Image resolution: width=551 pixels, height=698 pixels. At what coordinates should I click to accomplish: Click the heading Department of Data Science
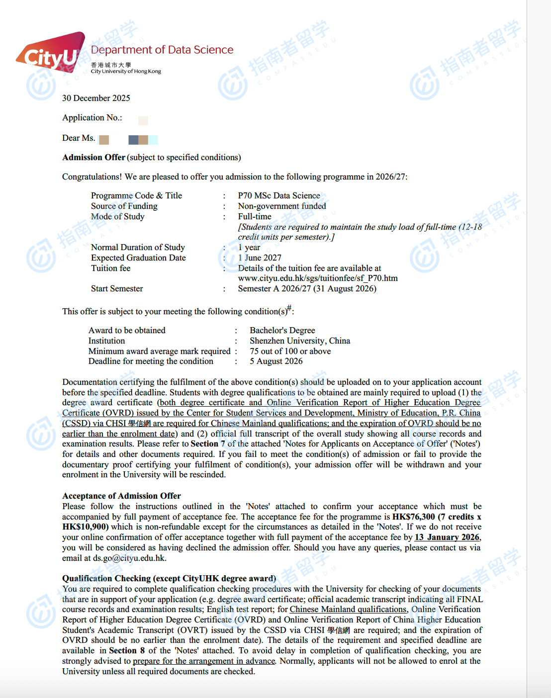pyautogui.click(x=162, y=50)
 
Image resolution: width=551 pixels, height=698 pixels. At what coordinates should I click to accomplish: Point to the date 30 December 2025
pyautogui.click(x=96, y=98)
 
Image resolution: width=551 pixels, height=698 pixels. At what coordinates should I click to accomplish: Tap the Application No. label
pyautogui.click(x=92, y=118)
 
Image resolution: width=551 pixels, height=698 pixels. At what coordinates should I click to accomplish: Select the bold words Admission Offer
pyautogui.click(x=93, y=158)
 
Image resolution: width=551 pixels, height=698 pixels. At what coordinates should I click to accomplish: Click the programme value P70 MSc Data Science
pyautogui.click(x=278, y=196)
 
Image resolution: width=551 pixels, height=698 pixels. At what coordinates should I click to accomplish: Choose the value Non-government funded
pyautogui.click(x=281, y=206)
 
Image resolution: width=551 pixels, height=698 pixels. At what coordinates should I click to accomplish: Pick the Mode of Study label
pyautogui.click(x=117, y=216)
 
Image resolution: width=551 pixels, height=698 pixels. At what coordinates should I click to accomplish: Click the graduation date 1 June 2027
pyautogui.click(x=259, y=258)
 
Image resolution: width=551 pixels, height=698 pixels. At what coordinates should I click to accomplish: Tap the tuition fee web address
pyautogui.click(x=317, y=278)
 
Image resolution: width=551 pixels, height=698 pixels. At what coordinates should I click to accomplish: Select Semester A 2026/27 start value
pyautogui.click(x=307, y=289)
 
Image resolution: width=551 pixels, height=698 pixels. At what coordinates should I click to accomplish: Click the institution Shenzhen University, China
pyautogui.click(x=299, y=341)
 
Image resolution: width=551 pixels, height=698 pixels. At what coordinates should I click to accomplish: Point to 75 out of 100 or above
pyautogui.click(x=290, y=351)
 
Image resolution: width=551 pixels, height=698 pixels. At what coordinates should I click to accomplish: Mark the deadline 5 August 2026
pyautogui.click(x=275, y=361)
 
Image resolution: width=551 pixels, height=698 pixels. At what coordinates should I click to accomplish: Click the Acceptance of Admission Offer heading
pyautogui.click(x=121, y=496)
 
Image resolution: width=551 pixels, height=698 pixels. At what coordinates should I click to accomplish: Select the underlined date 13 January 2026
pyautogui.click(x=447, y=537)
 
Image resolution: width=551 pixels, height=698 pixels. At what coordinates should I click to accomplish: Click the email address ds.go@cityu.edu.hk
pyautogui.click(x=129, y=558)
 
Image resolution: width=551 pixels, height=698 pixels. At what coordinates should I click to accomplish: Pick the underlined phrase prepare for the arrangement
pyautogui.click(x=203, y=661)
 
